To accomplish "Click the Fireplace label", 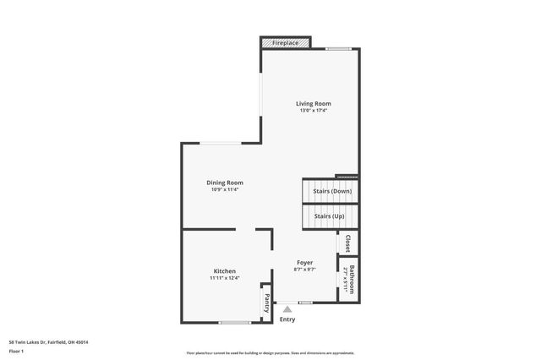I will coord(285,41).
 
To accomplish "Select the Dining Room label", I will coord(225,183).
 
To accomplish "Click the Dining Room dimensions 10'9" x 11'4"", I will coord(225,189).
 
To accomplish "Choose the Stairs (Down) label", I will coord(332,192).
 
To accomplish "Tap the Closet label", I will coord(347,243).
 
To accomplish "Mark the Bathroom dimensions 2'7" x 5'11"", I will coord(347,280).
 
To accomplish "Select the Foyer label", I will coord(303,263).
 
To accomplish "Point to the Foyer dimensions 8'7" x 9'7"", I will coord(303,270).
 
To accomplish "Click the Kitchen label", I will coord(224,270).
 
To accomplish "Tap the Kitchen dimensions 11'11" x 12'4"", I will coord(224,278).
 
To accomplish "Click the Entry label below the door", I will coord(287,319).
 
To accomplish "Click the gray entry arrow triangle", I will coord(287,310).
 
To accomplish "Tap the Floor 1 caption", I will coord(17,351).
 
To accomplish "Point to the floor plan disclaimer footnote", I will coord(270,352).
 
